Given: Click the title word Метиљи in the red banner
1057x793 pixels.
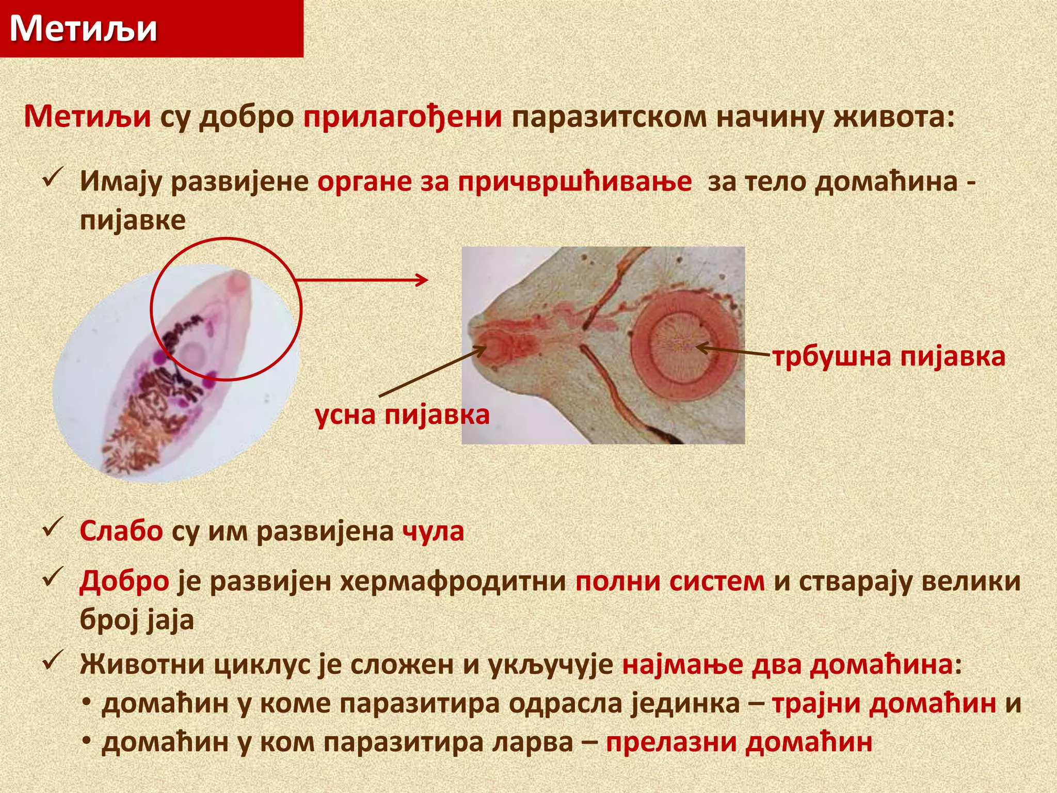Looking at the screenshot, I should pyautogui.click(x=84, y=28).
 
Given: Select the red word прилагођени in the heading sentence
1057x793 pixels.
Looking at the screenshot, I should pyautogui.click(x=403, y=117).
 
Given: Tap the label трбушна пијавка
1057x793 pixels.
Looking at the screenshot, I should pyautogui.click(x=889, y=357).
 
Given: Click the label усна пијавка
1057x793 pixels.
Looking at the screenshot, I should pyautogui.click(x=402, y=415).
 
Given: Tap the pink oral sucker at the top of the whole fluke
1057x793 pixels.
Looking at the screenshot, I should pyautogui.click(x=238, y=283).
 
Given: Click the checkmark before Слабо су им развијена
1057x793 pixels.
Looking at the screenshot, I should pyautogui.click(x=53, y=527).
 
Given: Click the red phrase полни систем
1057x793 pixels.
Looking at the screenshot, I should pyautogui.click(x=669, y=581).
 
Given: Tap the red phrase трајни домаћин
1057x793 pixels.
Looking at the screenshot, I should pyautogui.click(x=884, y=703).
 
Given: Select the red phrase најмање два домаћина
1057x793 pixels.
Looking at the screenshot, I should pyautogui.click(x=787, y=664).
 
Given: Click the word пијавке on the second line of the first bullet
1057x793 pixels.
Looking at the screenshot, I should pyautogui.click(x=133, y=220).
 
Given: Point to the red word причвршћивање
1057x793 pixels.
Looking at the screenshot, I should pyautogui.click(x=574, y=182).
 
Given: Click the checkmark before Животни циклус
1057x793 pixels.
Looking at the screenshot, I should pyautogui.click(x=53, y=660).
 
